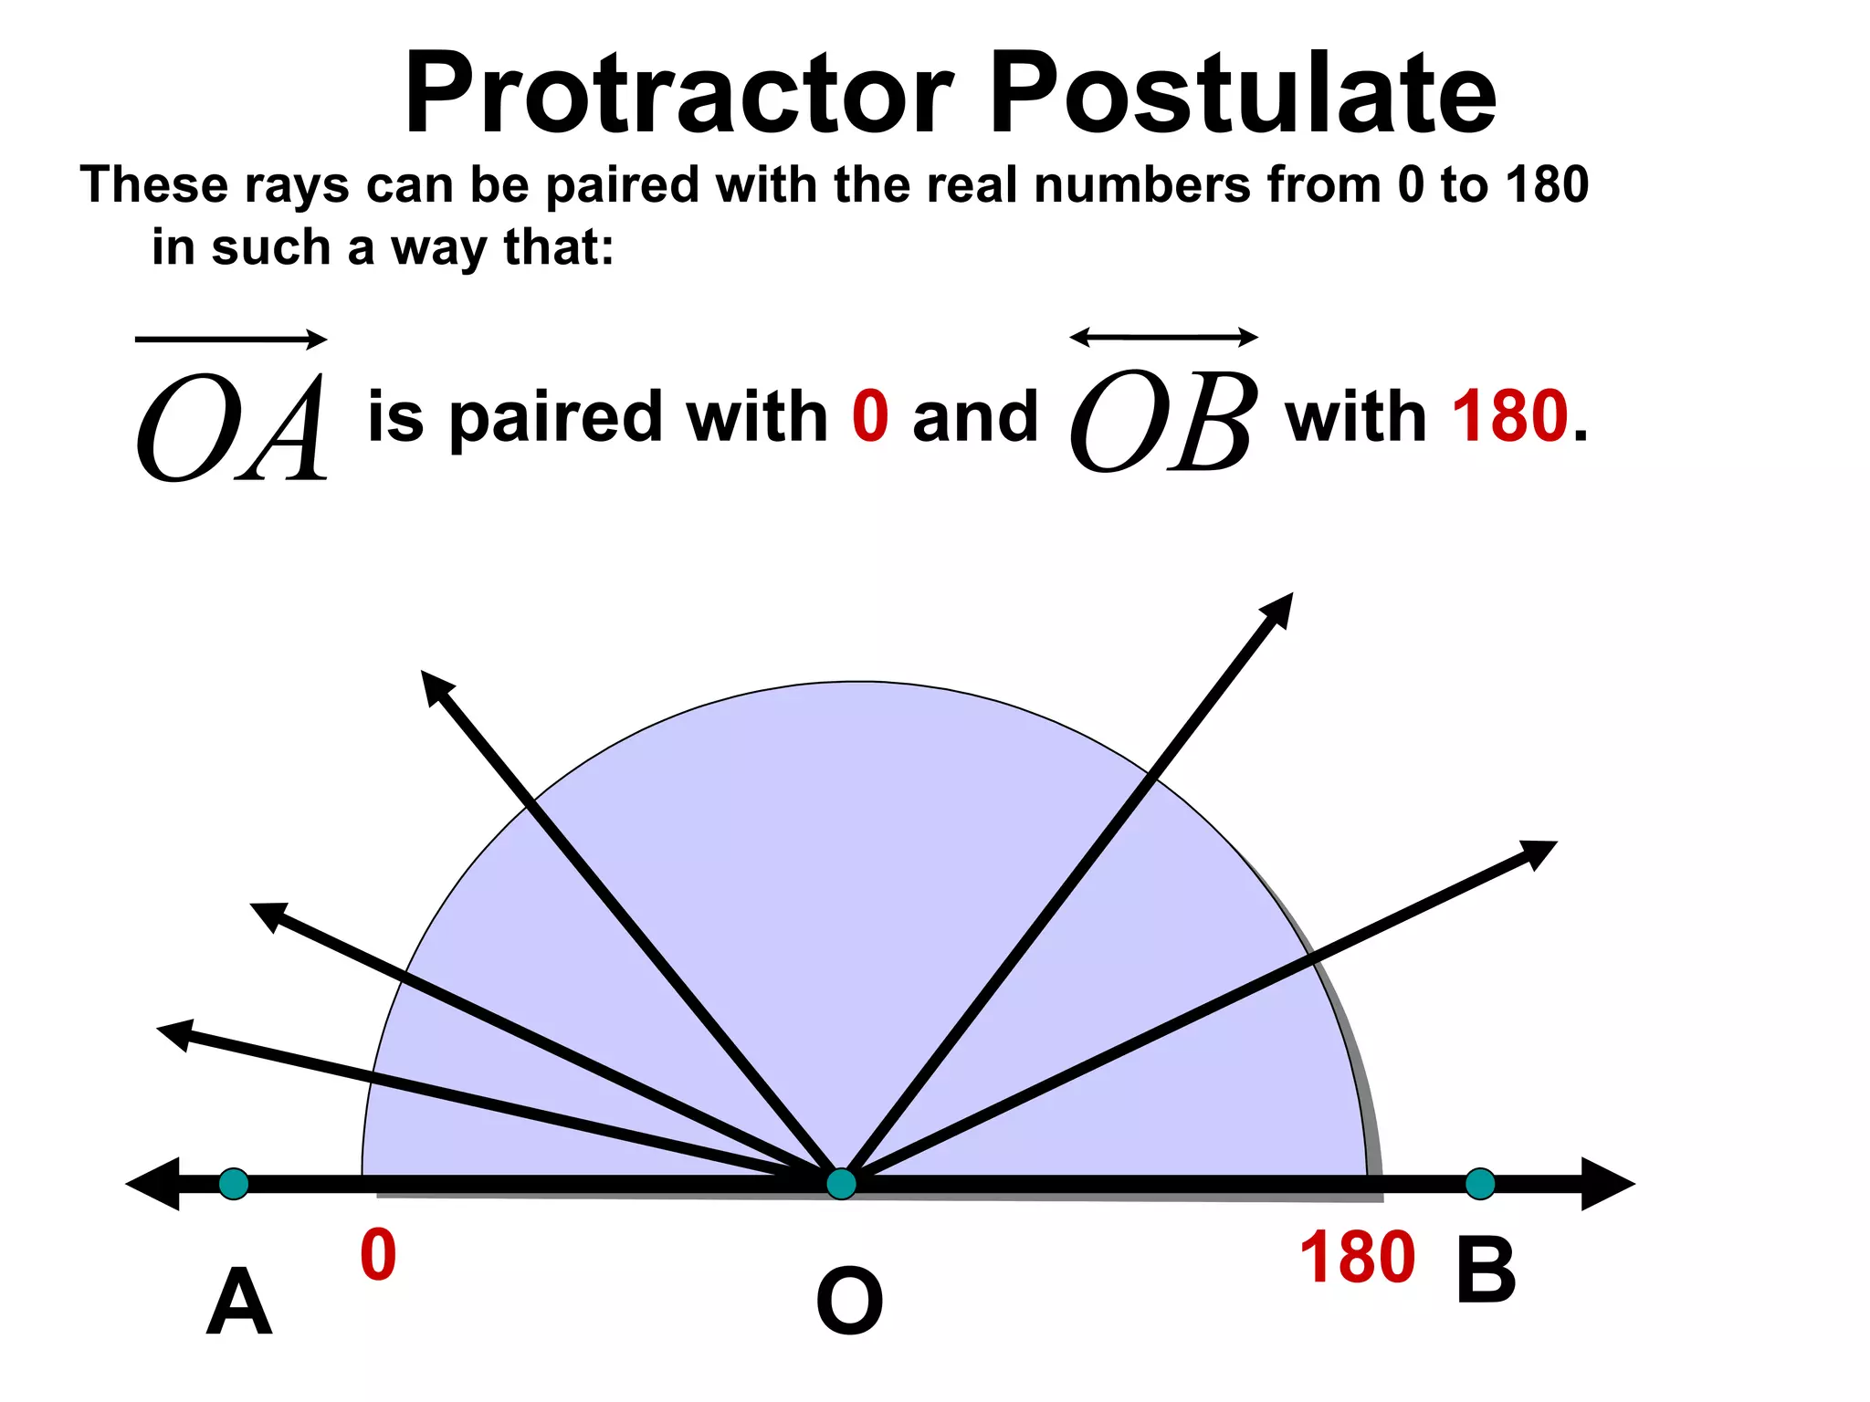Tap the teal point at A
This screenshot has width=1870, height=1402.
click(234, 1184)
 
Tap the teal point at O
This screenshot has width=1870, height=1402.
click(841, 1184)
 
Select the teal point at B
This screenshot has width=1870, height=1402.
click(1480, 1184)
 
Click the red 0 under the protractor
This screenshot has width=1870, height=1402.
click(378, 1256)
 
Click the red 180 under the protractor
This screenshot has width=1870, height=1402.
click(1357, 1258)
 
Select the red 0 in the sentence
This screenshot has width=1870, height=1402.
click(870, 416)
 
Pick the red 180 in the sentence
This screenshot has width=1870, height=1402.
click(1510, 416)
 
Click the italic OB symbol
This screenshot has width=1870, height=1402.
click(1162, 422)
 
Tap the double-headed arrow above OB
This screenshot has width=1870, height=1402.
click(1163, 338)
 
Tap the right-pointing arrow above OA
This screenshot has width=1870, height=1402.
click(231, 340)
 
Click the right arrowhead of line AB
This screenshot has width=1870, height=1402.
click(1607, 1184)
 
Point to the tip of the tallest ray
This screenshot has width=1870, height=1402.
click(1289, 597)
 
